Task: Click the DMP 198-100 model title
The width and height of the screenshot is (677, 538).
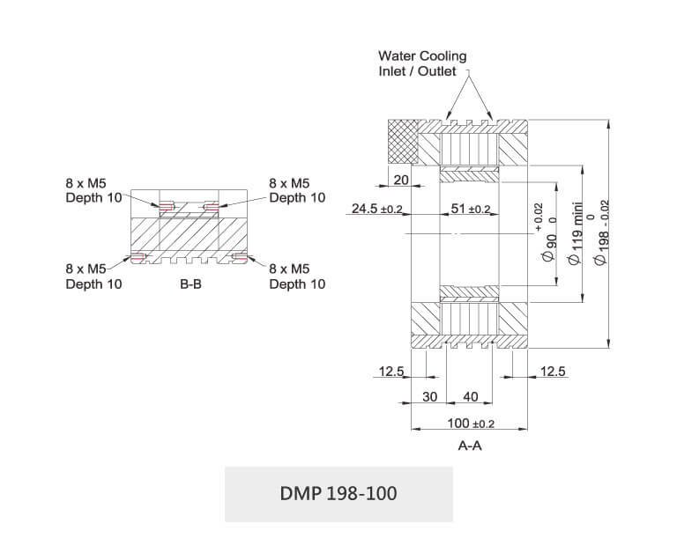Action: [x=338, y=494]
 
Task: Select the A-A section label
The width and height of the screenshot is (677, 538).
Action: [x=470, y=446]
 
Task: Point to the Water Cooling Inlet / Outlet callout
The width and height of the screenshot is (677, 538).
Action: [x=422, y=63]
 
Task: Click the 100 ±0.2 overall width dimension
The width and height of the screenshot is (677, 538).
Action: [x=470, y=424]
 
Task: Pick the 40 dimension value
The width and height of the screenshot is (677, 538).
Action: [x=470, y=397]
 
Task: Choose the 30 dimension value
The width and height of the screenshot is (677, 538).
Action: [x=429, y=397]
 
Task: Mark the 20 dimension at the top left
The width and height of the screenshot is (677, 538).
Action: [x=401, y=180]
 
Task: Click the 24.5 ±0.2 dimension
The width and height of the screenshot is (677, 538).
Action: [x=376, y=209]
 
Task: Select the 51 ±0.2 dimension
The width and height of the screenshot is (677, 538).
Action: [x=470, y=209]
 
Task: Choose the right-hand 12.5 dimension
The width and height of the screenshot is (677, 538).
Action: [x=553, y=372]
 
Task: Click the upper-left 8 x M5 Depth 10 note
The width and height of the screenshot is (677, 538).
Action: [x=93, y=190]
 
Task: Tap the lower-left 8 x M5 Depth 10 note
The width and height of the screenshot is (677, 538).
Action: [x=93, y=276]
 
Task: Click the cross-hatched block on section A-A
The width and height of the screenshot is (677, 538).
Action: [x=402, y=141]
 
